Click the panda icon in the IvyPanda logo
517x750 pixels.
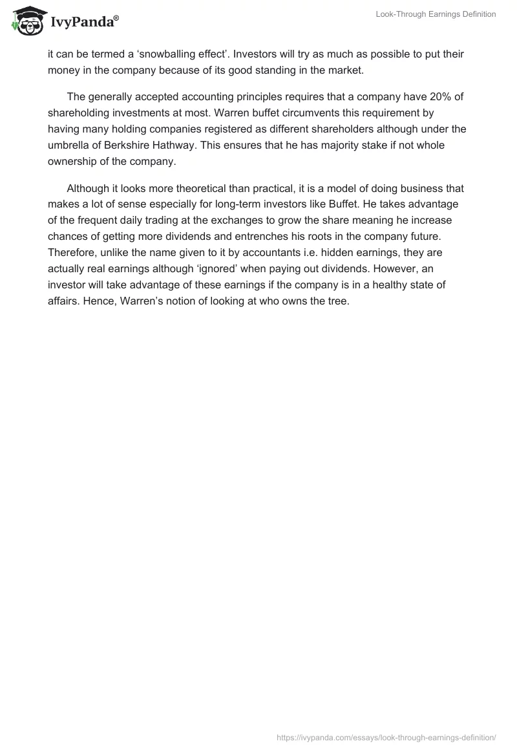pos(26,21)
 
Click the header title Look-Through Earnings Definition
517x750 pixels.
pos(436,15)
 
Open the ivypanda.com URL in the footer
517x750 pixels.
pos(386,737)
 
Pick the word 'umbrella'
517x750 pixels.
pos(69,145)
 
